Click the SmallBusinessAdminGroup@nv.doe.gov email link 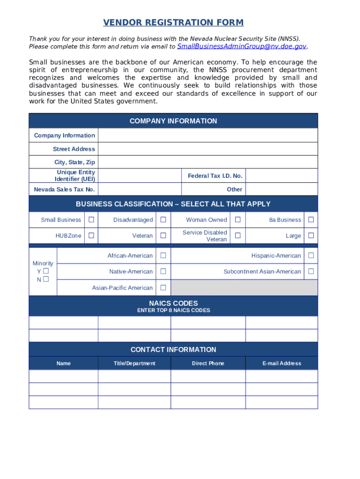(242, 46)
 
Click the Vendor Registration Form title (173, 22)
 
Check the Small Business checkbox (92, 220)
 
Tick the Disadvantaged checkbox (163, 220)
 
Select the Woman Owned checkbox (238, 220)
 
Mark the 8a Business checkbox (311, 220)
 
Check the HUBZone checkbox (92, 236)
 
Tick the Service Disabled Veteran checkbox (238, 236)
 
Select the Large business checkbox (311, 236)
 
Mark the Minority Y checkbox (46, 271)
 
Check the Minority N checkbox (46, 280)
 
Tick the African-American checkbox (163, 255)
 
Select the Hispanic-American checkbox (311, 255)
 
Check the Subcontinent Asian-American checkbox (311, 271)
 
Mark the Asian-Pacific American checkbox (163, 288)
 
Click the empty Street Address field (208, 149)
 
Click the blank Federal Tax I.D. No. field (281, 176)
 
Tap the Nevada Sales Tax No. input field (139, 189)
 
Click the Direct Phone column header (208, 363)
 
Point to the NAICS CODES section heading (173, 304)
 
